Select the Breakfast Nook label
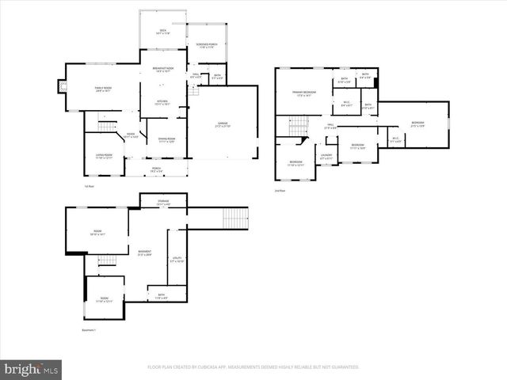click(163, 70)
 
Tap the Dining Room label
click(166, 141)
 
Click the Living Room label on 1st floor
click(104, 156)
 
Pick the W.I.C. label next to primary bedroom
click(347, 103)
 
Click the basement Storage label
click(162, 203)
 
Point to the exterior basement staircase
click(236, 215)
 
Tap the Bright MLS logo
click(32, 369)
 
